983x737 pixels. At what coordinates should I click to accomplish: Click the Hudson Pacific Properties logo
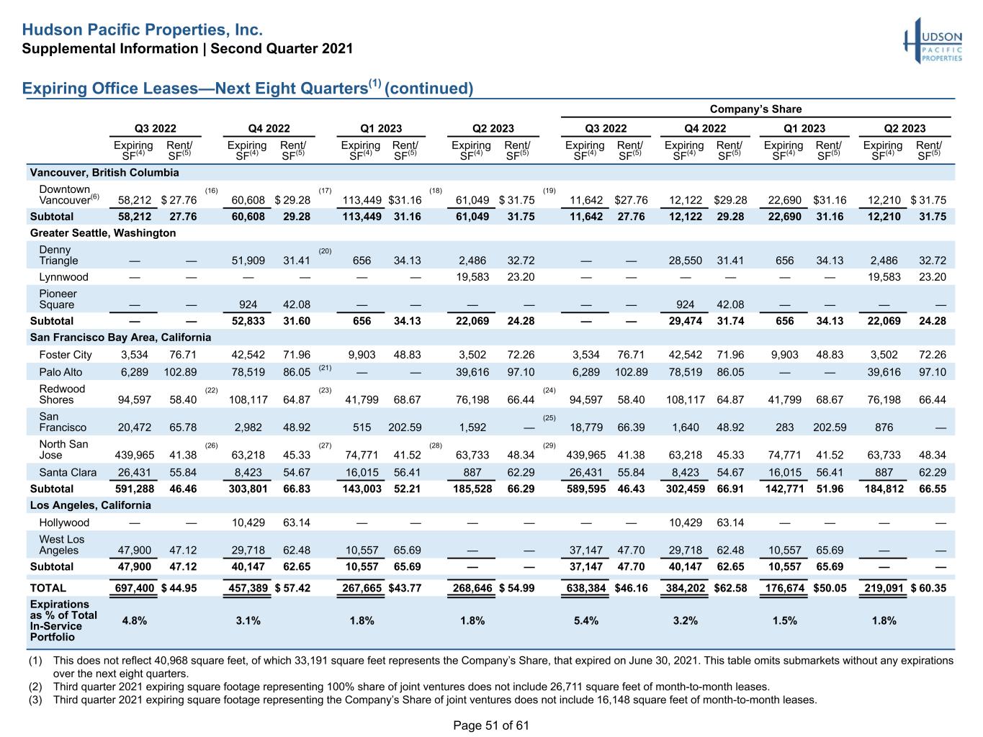[x=933, y=41]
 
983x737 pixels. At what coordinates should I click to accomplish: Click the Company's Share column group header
[x=755, y=109]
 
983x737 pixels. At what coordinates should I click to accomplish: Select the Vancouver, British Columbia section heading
[x=104, y=173]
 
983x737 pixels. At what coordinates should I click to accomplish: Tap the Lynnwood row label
[x=63, y=277]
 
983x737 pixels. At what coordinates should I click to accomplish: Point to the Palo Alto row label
[x=60, y=372]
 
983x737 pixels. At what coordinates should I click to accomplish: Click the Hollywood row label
[x=64, y=523]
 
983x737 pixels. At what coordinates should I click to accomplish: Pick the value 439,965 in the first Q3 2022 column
[x=135, y=455]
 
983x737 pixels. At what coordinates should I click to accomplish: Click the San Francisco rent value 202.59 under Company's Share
[x=830, y=428]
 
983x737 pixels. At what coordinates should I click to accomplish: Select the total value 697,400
[x=135, y=588]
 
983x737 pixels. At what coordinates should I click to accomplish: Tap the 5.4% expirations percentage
[x=585, y=620]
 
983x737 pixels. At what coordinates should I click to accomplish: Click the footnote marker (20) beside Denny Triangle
[x=325, y=251]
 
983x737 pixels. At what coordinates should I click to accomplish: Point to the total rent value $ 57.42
[x=292, y=588]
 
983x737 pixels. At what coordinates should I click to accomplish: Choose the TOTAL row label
[x=48, y=588]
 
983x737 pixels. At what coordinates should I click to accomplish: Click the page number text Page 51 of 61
[x=491, y=725]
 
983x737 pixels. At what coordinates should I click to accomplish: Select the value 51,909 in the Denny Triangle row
[x=248, y=261]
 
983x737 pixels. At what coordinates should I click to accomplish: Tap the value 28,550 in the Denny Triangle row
[x=685, y=261]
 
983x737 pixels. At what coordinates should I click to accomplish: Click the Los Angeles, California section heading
[x=91, y=505]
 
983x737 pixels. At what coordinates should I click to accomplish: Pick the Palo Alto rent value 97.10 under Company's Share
[x=933, y=372]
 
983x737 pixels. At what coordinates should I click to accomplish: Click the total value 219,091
[x=884, y=588]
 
